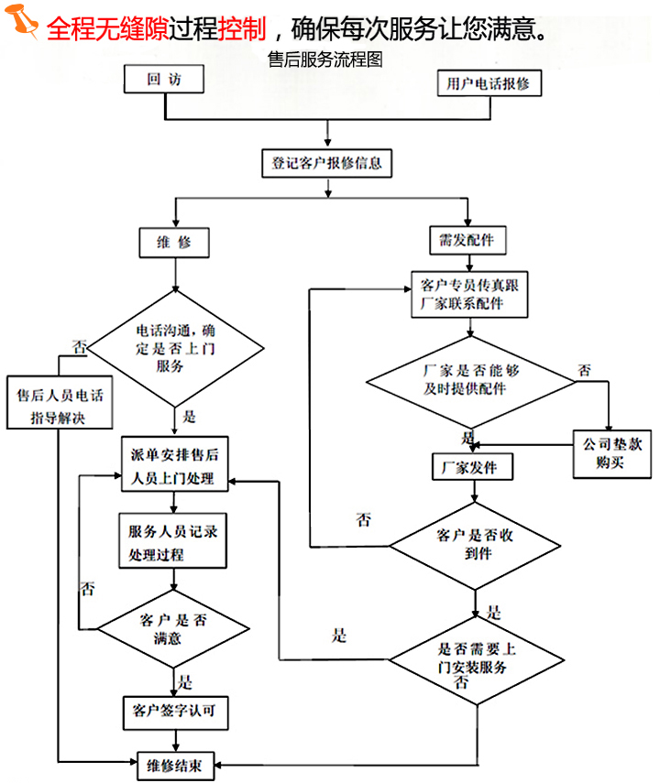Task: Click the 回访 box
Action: pyautogui.click(x=164, y=80)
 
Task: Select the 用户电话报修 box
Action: pyautogui.click(x=489, y=83)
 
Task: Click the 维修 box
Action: pyautogui.click(x=175, y=242)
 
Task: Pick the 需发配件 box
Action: pyautogui.click(x=467, y=240)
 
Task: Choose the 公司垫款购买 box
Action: pyautogui.click(x=609, y=452)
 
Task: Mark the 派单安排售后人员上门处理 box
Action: pyautogui.click(x=174, y=466)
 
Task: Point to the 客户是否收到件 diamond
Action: pyautogui.click(x=476, y=544)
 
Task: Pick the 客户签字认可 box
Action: pyautogui.click(x=174, y=711)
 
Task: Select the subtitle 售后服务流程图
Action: pyautogui.click(x=324, y=59)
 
